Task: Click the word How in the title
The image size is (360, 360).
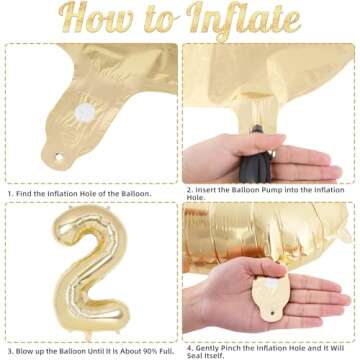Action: (96, 17)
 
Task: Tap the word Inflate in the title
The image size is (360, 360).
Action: (243, 21)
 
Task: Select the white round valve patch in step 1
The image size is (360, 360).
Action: (85, 112)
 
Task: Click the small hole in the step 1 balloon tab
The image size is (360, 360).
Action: (59, 156)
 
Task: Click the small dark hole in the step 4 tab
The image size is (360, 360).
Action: (273, 313)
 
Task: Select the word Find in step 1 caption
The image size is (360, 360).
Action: (24, 193)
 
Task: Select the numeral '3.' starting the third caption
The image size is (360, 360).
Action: (10, 351)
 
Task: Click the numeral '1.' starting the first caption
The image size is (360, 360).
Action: (10, 193)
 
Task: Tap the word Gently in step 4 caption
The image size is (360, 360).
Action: (207, 348)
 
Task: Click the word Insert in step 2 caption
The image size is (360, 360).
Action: (206, 190)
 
